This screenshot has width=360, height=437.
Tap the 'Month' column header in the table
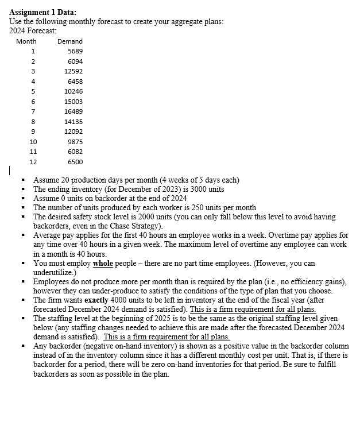(26, 41)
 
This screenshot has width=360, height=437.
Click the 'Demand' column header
(70, 41)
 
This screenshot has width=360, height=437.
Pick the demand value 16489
(73, 111)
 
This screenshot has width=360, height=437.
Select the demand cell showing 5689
(75, 51)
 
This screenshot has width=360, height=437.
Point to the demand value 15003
(73, 101)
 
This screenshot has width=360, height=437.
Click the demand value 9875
(75, 141)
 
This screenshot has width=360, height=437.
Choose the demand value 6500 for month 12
(75, 162)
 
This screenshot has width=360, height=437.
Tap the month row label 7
(33, 111)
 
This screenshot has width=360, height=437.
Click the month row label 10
(33, 141)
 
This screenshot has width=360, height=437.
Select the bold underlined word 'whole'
(103, 263)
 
